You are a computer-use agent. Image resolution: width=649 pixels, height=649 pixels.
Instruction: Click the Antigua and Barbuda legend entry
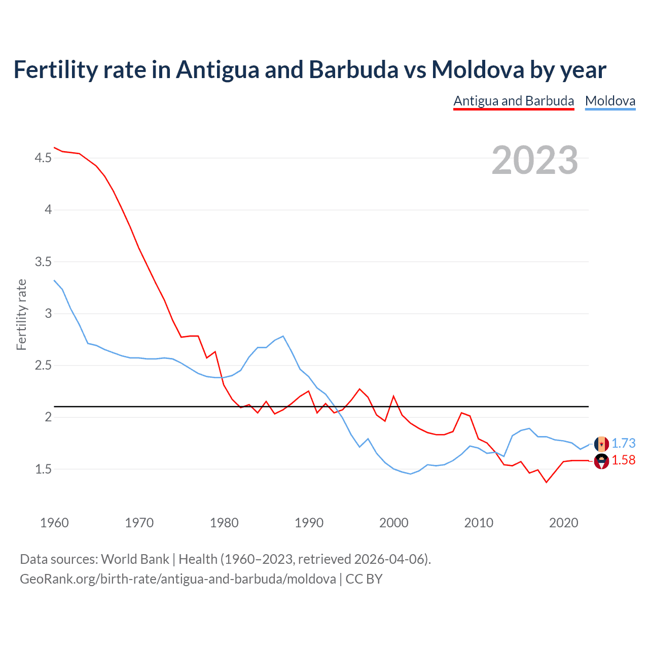point(514,101)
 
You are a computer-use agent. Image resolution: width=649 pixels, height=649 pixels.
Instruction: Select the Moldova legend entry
point(610,101)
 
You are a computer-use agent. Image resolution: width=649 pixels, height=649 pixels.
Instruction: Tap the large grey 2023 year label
point(535,160)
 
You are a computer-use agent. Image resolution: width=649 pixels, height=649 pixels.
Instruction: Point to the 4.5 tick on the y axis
point(43,158)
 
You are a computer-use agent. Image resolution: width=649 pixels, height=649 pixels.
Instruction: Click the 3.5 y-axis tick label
point(43,262)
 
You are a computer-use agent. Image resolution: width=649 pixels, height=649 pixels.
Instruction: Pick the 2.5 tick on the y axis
point(43,366)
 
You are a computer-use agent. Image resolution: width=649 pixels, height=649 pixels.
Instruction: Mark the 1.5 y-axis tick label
point(43,470)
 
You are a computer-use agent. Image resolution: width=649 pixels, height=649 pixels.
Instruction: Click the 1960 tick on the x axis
point(54,523)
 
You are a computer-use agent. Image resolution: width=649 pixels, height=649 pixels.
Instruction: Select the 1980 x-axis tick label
point(224,523)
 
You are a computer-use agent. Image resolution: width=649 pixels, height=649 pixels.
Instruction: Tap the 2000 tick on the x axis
point(393,523)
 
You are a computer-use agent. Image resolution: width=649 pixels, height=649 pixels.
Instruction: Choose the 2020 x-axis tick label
point(563,523)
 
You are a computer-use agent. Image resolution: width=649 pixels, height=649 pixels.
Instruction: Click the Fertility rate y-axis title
point(21,314)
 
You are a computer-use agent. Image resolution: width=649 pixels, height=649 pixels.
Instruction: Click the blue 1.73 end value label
point(623,443)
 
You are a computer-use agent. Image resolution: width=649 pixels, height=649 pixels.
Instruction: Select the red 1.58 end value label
point(623,460)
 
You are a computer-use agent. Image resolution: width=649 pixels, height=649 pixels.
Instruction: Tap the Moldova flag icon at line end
point(601,444)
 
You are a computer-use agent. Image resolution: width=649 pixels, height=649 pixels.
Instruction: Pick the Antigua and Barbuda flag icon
point(601,461)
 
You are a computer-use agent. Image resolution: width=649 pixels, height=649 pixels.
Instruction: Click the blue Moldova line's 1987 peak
point(283,336)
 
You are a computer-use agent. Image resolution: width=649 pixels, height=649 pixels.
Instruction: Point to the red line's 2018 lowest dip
point(546,482)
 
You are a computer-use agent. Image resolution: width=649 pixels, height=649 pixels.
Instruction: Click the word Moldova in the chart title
point(477,69)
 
